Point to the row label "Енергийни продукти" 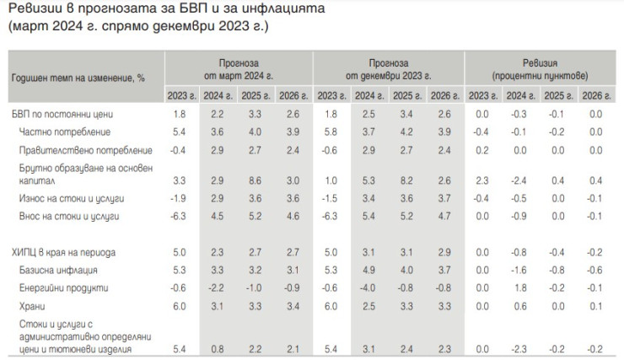point(62,287)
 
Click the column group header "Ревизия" point(538,63)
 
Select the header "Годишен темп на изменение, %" point(79,76)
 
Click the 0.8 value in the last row point(217,348)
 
